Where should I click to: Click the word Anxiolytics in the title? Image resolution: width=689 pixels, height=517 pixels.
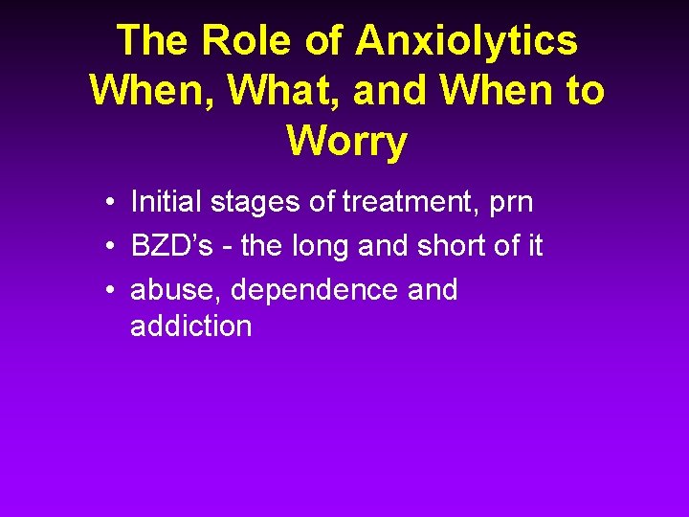pyautogui.click(x=467, y=42)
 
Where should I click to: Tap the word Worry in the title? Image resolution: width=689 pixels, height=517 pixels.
pyautogui.click(x=345, y=142)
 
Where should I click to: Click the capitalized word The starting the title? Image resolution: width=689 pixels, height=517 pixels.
pyautogui.click(x=153, y=42)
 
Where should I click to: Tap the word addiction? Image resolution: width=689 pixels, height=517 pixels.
pyautogui.click(x=190, y=326)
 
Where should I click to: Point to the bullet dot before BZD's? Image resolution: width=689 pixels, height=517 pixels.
pyautogui.click(x=112, y=247)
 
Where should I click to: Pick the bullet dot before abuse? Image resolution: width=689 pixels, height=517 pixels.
pyautogui.click(x=112, y=290)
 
